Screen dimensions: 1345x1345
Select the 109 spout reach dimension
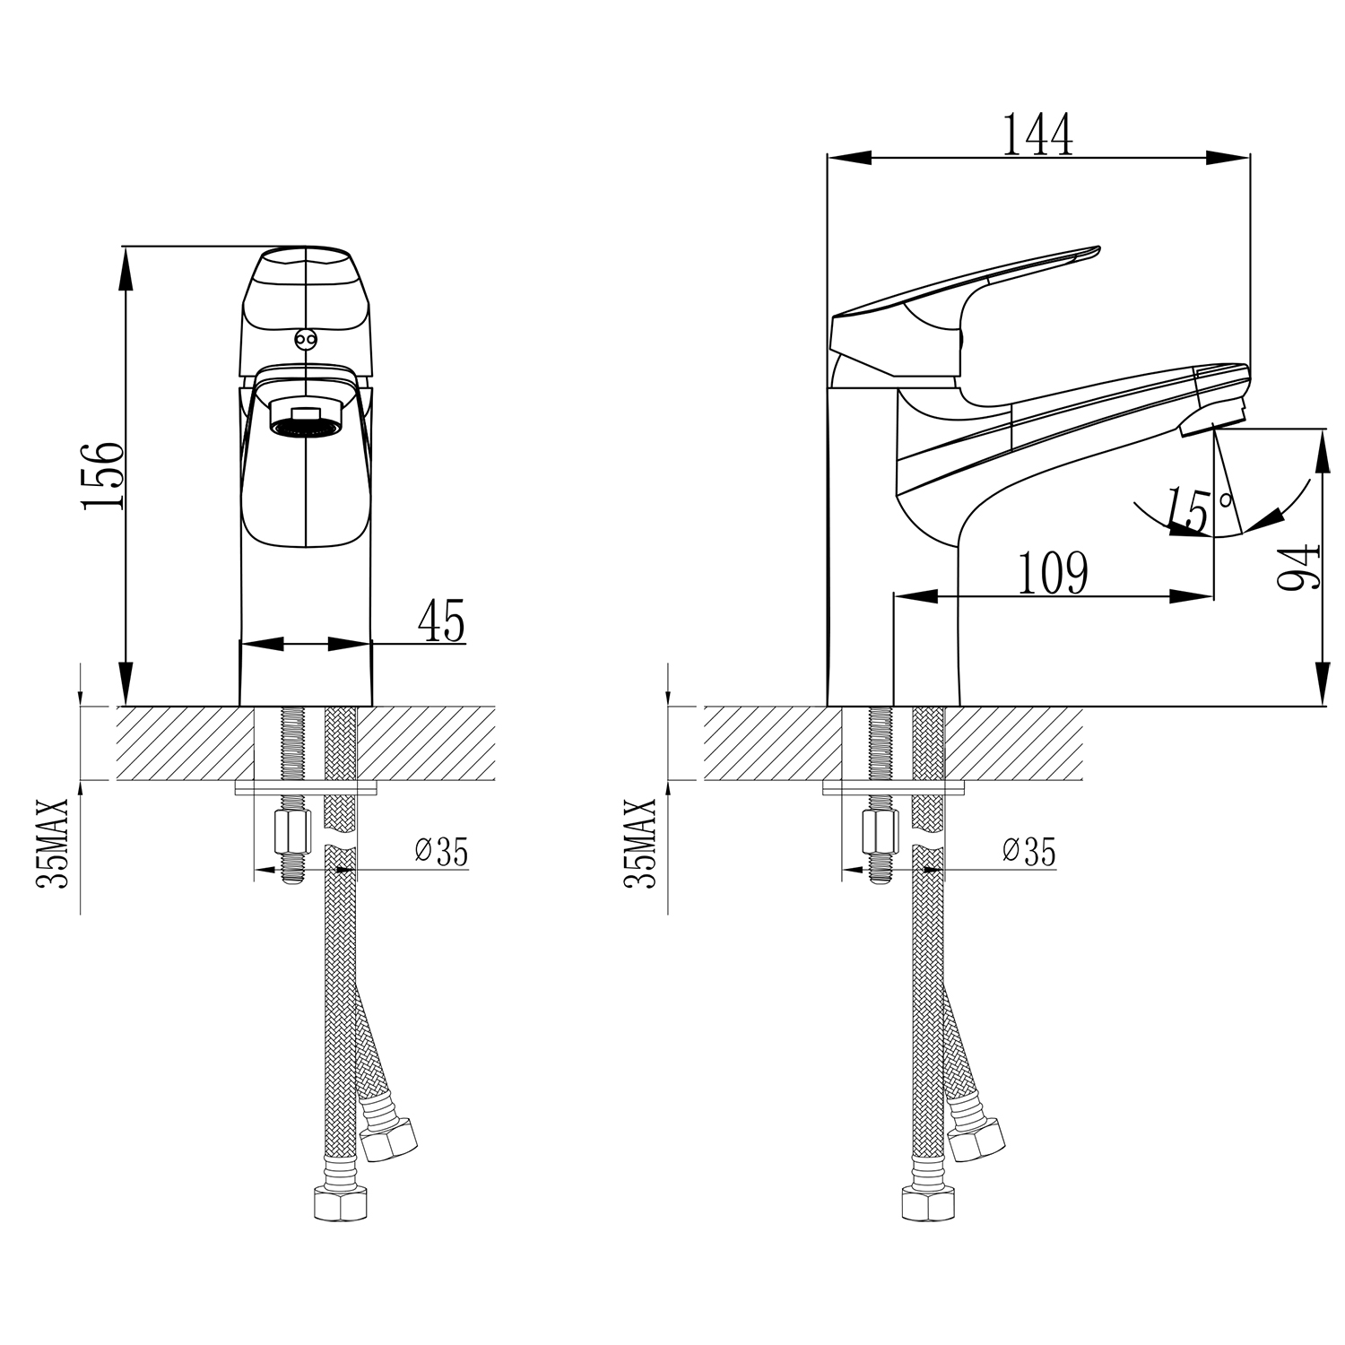pos(1053,574)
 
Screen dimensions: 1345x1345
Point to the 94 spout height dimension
pos(1298,566)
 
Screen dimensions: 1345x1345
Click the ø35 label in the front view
pos(441,851)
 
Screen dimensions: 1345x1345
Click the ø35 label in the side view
pos(1028,851)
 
